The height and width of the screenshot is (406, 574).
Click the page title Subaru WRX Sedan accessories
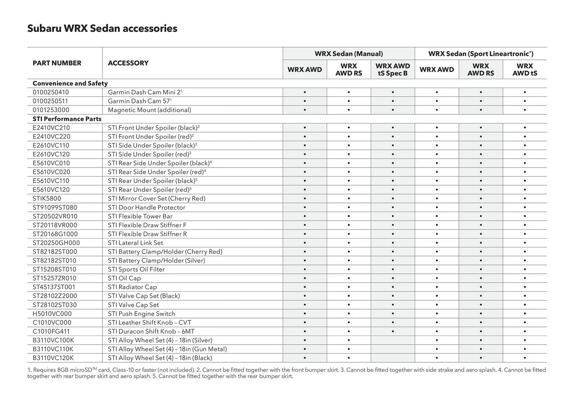pos(102,28)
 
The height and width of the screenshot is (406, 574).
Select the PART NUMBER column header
pos(57,63)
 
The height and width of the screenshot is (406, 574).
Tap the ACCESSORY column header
pos(128,63)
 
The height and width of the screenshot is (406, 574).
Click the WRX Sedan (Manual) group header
pos(349,54)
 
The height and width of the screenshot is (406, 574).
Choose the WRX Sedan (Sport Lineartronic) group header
pos(480,54)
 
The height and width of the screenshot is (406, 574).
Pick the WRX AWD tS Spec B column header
pos(393,70)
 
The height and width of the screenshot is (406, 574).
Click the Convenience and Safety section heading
pos(70,83)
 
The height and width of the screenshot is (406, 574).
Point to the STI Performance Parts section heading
pos(67,119)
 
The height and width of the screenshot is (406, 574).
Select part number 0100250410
pos(51,92)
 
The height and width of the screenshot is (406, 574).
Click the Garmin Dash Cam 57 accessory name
pos(139,101)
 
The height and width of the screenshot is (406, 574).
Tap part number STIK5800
pos(47,199)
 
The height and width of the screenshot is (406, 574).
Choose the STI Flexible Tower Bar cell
pos(140,216)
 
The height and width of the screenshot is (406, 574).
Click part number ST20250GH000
pos(56,243)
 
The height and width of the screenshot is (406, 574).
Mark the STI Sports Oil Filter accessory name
pos(136,269)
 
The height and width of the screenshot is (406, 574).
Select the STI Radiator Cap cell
pos(132,287)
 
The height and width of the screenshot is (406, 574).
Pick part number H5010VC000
pos(52,314)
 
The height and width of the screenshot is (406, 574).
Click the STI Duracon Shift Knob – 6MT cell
pos(151,331)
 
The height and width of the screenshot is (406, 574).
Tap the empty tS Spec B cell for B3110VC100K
pos(393,340)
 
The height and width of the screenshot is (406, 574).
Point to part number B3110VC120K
pos(53,358)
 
